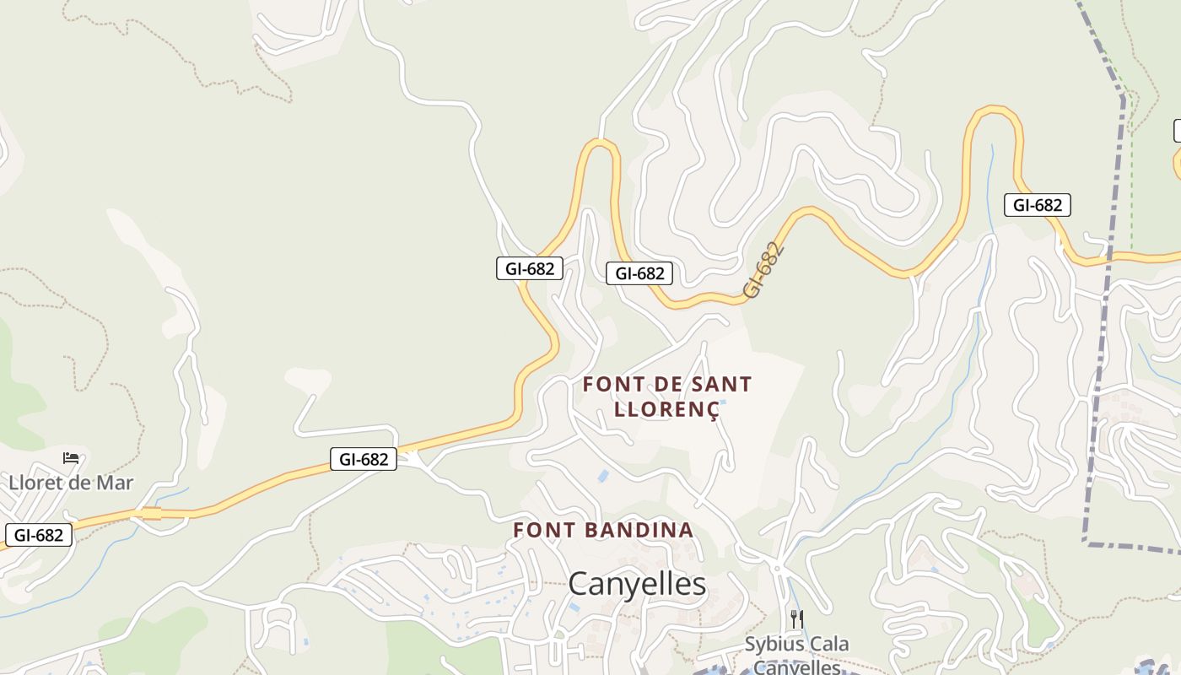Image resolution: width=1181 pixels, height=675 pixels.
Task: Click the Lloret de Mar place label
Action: pyautogui.click(x=71, y=483)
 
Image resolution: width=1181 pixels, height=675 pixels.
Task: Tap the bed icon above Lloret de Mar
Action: pyautogui.click(x=71, y=458)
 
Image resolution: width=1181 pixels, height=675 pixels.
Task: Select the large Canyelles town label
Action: pyautogui.click(x=637, y=583)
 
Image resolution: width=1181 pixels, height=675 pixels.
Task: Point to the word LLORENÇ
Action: pyautogui.click(x=666, y=410)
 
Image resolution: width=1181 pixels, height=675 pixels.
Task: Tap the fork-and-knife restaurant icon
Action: pyautogui.click(x=796, y=619)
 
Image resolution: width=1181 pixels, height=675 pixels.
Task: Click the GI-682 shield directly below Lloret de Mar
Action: pyautogui.click(x=39, y=535)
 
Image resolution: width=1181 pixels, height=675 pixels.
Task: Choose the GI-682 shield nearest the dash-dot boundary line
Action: pyautogui.click(x=1037, y=205)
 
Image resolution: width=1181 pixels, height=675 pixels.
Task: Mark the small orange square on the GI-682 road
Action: pyautogui.click(x=152, y=513)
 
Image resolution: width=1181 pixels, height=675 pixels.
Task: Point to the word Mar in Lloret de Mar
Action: pyautogui.click(x=117, y=483)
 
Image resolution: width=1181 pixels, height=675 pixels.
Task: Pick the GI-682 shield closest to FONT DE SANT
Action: pyautogui.click(x=639, y=273)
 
